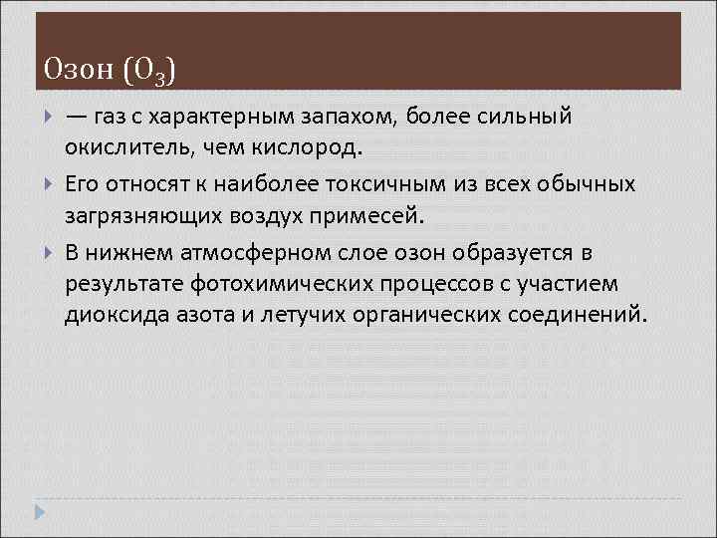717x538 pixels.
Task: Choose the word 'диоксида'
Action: pos(109,317)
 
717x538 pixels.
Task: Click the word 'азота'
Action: pos(189,317)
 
